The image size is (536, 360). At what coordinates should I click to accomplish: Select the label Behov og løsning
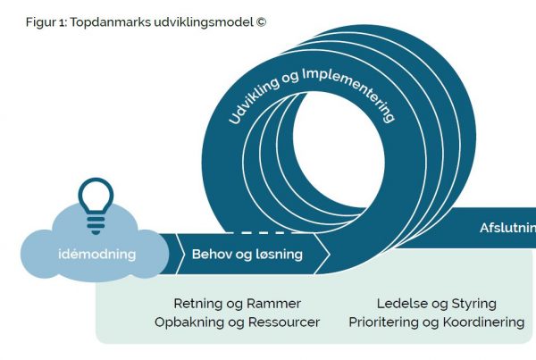247,255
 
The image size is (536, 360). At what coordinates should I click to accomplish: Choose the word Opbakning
188,322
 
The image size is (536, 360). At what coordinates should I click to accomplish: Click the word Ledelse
401,304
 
